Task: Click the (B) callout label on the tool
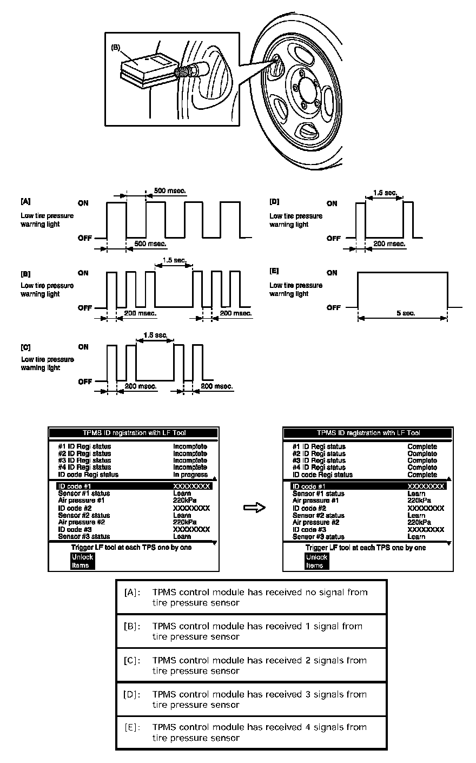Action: pyautogui.click(x=115, y=47)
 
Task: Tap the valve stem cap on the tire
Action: pyautogui.click(x=182, y=71)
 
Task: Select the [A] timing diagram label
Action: pyautogui.click(x=25, y=201)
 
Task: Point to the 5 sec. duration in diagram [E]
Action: pyautogui.click(x=405, y=313)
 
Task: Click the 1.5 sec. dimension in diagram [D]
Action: pyautogui.click(x=385, y=193)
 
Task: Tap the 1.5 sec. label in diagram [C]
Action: pyautogui.click(x=155, y=336)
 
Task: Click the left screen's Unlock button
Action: pyautogui.click(x=82, y=557)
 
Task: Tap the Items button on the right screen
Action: pyautogui.click(x=314, y=565)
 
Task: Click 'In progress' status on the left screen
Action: pyautogui.click(x=190, y=475)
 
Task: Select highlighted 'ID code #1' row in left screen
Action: pyautogui.click(x=133, y=486)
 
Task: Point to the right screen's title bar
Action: pyautogui.click(x=368, y=433)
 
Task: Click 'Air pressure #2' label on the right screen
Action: pyautogui.click(x=315, y=522)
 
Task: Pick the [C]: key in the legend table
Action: pyautogui.click(x=132, y=660)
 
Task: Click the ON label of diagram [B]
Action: pyautogui.click(x=83, y=273)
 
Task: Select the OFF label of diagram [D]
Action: pyautogui.click(x=334, y=238)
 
